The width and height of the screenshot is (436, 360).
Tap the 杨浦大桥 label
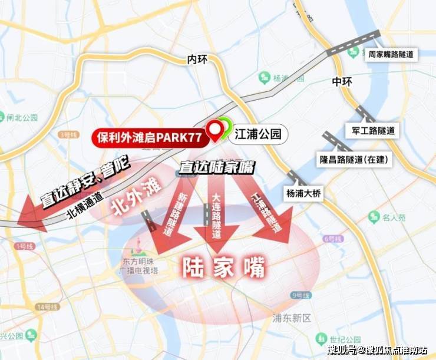pos(305,193)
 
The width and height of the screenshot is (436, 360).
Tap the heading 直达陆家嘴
pos(218,167)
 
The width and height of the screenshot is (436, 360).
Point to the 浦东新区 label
pos(292,318)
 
